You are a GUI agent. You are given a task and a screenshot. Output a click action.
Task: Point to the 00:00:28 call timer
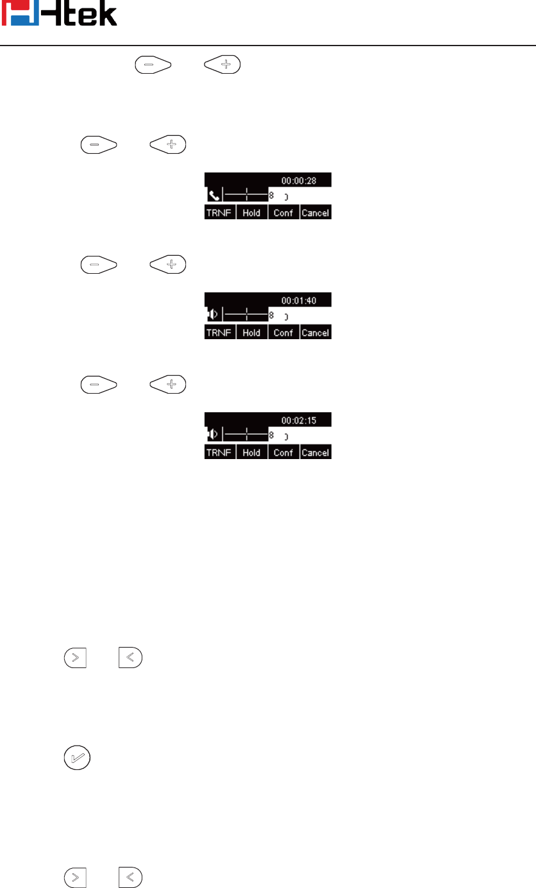click(299, 181)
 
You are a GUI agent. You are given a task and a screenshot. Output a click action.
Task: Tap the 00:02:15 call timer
click(299, 421)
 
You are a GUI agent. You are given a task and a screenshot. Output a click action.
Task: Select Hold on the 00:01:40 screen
click(251, 333)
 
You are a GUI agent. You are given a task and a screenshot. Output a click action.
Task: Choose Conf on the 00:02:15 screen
click(283, 453)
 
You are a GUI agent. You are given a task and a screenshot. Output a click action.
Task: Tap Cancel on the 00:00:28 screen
click(315, 213)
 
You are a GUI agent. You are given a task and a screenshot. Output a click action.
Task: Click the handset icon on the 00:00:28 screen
click(212, 195)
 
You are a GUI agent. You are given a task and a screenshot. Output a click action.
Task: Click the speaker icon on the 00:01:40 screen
click(212, 315)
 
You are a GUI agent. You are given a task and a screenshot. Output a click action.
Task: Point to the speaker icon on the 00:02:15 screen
click(212, 435)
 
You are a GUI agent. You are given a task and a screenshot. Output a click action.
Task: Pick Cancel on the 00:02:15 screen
click(315, 453)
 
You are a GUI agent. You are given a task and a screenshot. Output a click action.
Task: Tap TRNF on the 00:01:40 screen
click(219, 333)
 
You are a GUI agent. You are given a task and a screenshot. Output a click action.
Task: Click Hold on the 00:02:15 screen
click(251, 453)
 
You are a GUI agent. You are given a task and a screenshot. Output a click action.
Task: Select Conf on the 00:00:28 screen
click(283, 213)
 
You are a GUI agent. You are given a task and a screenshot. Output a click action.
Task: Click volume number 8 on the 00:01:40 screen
click(272, 315)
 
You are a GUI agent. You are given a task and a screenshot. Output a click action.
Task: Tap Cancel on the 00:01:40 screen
click(315, 333)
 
